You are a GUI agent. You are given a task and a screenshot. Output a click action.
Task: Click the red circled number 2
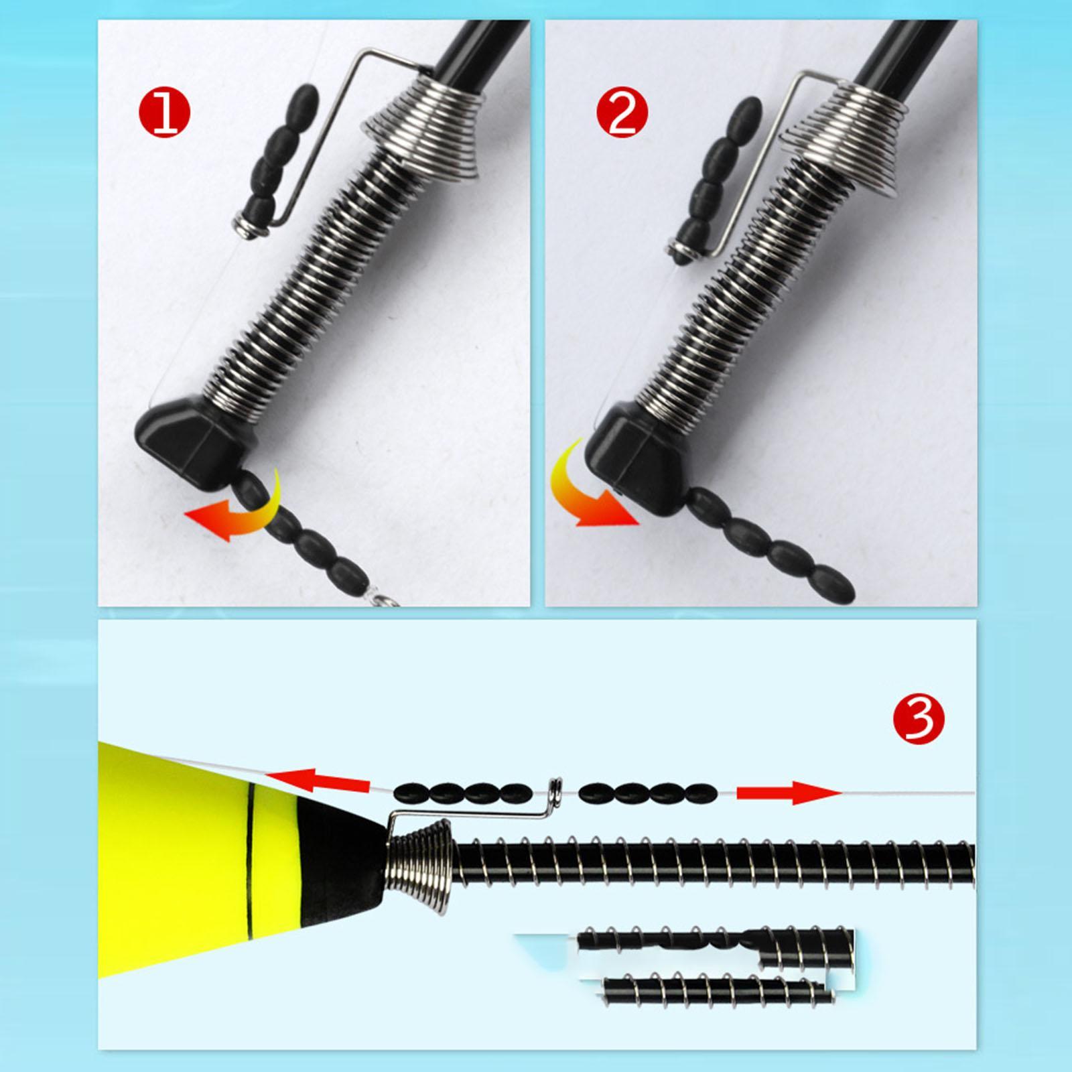622,115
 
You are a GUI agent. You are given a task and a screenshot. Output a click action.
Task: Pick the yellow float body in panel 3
181,864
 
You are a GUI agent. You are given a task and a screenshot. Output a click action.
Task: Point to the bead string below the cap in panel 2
770,543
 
